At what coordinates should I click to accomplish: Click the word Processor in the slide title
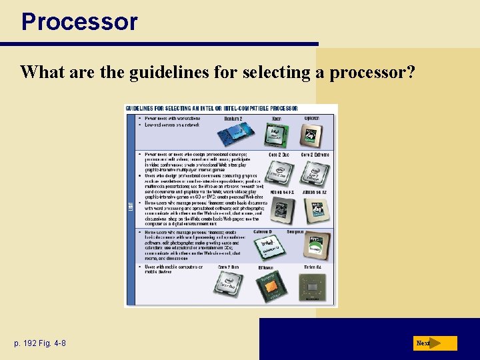[79, 21]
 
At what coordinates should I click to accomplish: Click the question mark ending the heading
[409, 72]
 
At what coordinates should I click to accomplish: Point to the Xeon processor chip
[275, 136]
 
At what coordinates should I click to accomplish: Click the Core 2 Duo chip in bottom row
[227, 287]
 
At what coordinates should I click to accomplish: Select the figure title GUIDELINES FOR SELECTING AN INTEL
[212, 109]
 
